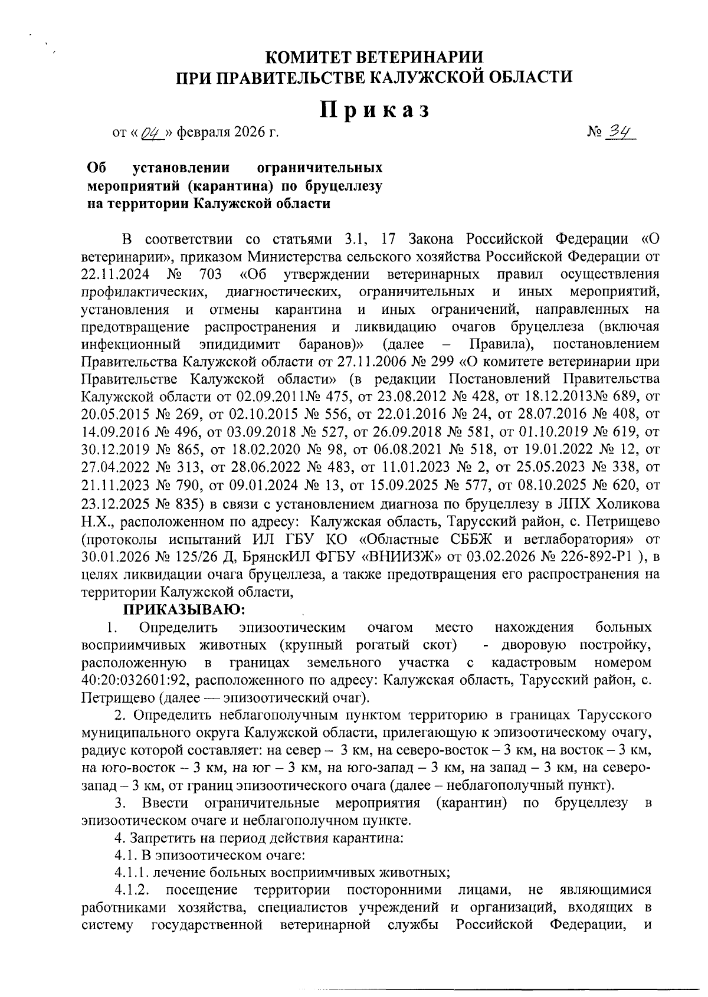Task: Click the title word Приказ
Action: click(374, 110)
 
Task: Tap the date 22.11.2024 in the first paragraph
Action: click(115, 274)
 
